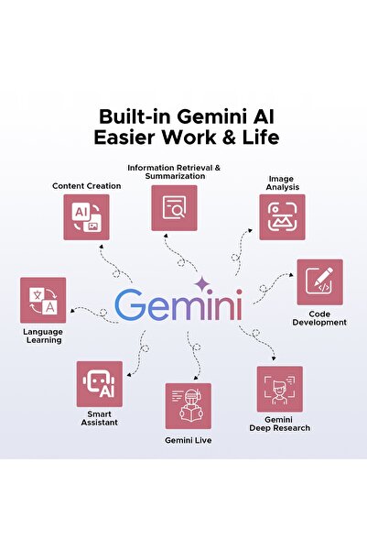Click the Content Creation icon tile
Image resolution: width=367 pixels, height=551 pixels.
[x=86, y=217]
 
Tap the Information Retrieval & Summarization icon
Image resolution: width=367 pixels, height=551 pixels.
[x=174, y=208]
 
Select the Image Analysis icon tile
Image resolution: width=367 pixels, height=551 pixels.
[x=282, y=217]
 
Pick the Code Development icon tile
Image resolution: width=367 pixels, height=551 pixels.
[x=320, y=282]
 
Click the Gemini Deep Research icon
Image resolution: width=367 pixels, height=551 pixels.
[x=280, y=389]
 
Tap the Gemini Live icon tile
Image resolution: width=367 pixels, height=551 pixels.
[x=188, y=406]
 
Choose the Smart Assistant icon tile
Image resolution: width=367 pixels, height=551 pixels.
[x=100, y=384]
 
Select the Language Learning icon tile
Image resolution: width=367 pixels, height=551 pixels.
[x=43, y=300]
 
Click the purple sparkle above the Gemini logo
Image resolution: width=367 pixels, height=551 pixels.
[x=202, y=284]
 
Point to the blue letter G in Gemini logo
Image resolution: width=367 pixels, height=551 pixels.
[x=129, y=304]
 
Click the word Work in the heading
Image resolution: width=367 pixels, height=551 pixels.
[x=189, y=137]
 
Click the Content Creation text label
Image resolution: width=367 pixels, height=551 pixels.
[x=87, y=186]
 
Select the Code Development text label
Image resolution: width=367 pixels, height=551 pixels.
[x=319, y=318]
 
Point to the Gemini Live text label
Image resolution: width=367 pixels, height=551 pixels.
[x=188, y=440]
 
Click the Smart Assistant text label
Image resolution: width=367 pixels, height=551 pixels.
[x=99, y=418]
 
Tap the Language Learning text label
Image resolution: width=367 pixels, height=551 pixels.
[x=43, y=336]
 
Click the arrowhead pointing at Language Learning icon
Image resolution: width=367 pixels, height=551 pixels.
[x=72, y=311]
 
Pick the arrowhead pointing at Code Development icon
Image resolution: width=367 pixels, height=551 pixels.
[x=291, y=275]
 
